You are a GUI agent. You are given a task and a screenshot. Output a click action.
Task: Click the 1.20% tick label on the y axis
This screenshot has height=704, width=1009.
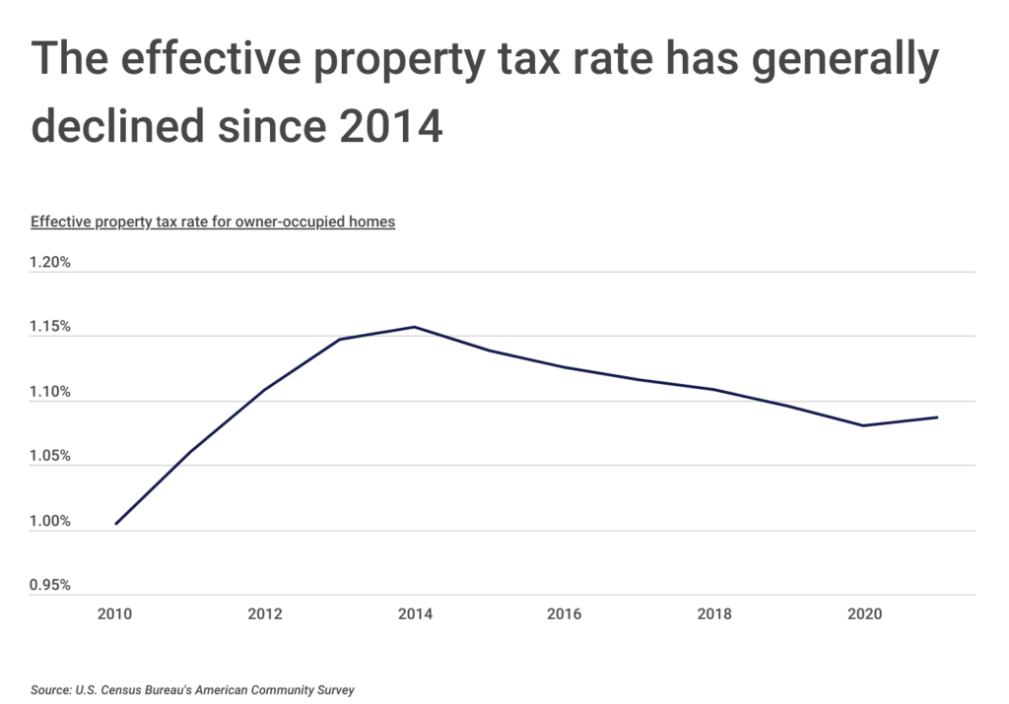[49, 263]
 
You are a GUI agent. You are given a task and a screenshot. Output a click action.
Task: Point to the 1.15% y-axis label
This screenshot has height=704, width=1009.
[49, 327]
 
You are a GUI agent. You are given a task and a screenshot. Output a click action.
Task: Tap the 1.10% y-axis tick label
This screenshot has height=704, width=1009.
[49, 392]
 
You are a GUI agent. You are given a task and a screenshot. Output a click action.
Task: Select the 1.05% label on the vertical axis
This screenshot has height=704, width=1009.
[49, 456]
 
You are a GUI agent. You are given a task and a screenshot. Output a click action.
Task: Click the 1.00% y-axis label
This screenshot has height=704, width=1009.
[49, 521]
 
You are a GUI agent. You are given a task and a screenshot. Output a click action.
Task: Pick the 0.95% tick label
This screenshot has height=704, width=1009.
[49, 586]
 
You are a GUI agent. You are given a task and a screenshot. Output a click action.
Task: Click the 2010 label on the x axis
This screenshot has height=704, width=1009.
[116, 614]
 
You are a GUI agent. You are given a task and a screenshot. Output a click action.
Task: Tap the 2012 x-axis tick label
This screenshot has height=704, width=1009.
[265, 614]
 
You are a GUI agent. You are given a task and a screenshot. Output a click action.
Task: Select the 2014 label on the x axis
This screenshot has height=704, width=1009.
[415, 614]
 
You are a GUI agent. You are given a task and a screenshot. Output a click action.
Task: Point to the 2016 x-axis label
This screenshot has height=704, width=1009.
[565, 614]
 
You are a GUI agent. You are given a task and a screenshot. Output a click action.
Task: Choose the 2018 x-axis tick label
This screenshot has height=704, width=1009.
[714, 614]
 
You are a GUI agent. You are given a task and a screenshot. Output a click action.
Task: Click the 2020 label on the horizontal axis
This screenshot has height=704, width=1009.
[864, 614]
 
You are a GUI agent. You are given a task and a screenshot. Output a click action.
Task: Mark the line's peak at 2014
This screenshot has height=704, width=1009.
[415, 327]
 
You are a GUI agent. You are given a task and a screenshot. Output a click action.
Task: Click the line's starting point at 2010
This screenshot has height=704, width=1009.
[116, 524]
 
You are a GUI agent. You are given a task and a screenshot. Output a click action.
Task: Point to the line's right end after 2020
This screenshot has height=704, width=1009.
[937, 417]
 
